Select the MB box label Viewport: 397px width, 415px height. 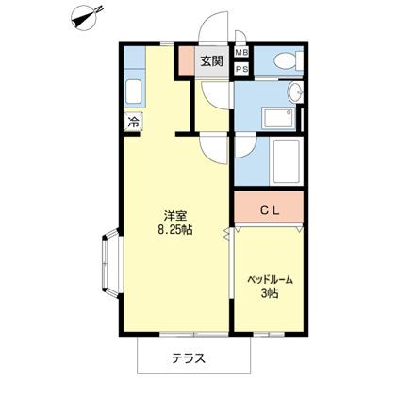(241, 53)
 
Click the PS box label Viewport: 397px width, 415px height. (241, 68)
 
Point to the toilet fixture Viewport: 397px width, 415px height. (283, 62)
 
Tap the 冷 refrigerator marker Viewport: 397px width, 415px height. (133, 121)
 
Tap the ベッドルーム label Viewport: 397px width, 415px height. (270, 280)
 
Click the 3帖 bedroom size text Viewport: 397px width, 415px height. (270, 294)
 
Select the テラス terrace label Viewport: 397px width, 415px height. (189, 357)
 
